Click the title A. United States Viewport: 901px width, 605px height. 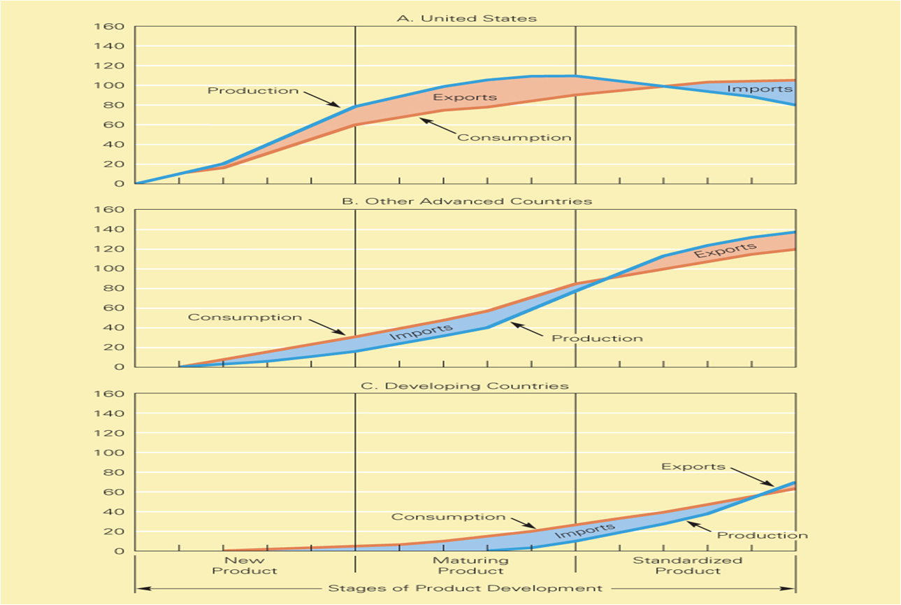click(466, 18)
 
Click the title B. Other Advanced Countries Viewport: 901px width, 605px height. click(466, 201)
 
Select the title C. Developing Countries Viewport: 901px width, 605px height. click(466, 385)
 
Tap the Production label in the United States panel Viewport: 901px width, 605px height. click(252, 91)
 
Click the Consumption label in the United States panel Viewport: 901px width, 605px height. click(514, 138)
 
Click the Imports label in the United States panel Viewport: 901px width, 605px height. click(759, 89)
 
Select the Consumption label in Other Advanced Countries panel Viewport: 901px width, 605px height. click(245, 318)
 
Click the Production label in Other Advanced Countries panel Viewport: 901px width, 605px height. click(597, 339)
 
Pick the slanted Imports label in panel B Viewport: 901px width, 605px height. click(421, 331)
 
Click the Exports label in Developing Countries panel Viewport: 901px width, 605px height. click(693, 467)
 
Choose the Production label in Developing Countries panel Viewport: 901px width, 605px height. click(762, 536)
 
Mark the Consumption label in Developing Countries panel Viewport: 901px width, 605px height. click(448, 517)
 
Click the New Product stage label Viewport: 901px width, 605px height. click(245, 565)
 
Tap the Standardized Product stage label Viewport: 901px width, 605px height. click(686, 565)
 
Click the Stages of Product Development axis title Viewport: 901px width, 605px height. click(466, 588)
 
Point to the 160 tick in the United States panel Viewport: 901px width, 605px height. click(114, 27)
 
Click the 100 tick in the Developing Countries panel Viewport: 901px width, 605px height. click(114, 453)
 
